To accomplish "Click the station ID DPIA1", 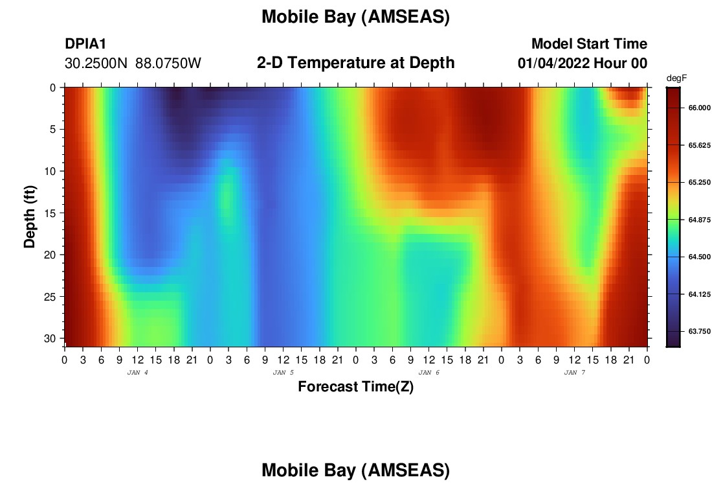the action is click(85, 43).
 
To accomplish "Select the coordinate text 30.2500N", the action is click(96, 64).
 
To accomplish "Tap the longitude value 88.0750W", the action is click(168, 64).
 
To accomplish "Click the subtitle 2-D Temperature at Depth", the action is click(355, 63).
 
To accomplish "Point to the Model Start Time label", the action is click(590, 43).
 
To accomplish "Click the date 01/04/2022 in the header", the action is click(553, 64).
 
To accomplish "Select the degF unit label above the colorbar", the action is click(676, 78).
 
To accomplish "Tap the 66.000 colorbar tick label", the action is click(699, 108).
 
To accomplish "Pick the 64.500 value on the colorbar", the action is click(699, 257).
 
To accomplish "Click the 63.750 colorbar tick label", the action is click(699, 331).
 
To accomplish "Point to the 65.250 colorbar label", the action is click(699, 182).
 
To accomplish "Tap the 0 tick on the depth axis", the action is click(52, 87).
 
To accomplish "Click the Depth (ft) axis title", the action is click(30, 217).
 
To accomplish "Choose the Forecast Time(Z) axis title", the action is click(355, 387).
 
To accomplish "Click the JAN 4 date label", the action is click(138, 373).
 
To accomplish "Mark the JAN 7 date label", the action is click(574, 373).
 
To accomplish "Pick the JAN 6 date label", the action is click(428, 373).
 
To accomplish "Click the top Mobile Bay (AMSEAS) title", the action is click(355, 17).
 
